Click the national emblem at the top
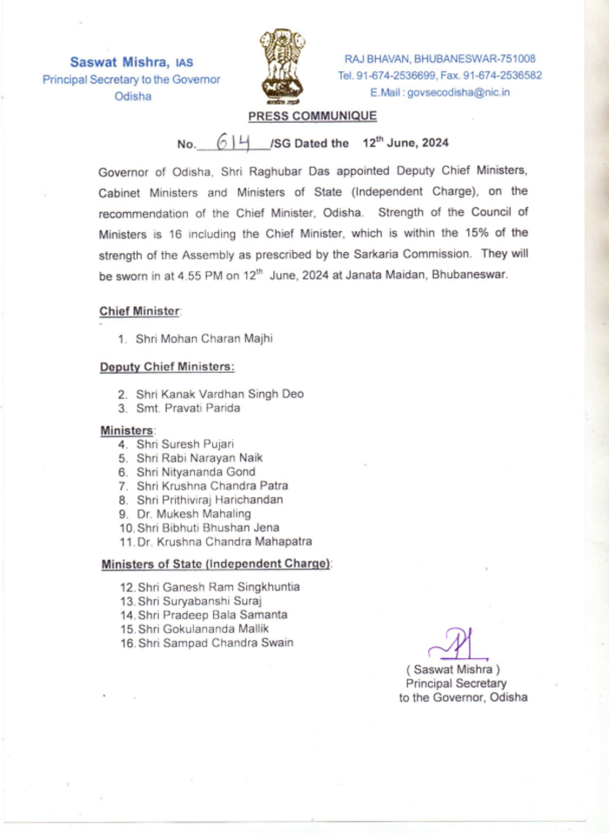pyautogui.click(x=284, y=66)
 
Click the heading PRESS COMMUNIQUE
pyautogui.click(x=312, y=117)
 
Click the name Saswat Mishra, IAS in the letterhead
pyautogui.click(x=131, y=62)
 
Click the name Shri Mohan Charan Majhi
pyautogui.click(x=197, y=338)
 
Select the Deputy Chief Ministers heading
pyautogui.click(x=166, y=367)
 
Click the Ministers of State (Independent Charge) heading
pyautogui.click(x=216, y=564)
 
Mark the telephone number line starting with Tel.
pyautogui.click(x=439, y=76)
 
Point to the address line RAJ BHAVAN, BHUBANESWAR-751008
pyautogui.click(x=439, y=59)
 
